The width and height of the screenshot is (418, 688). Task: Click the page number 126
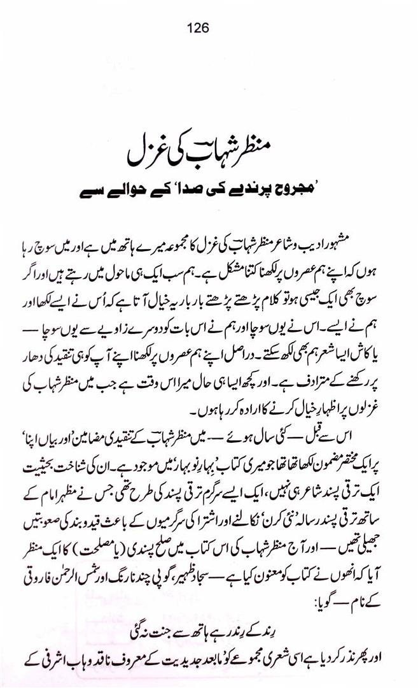click(199, 28)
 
